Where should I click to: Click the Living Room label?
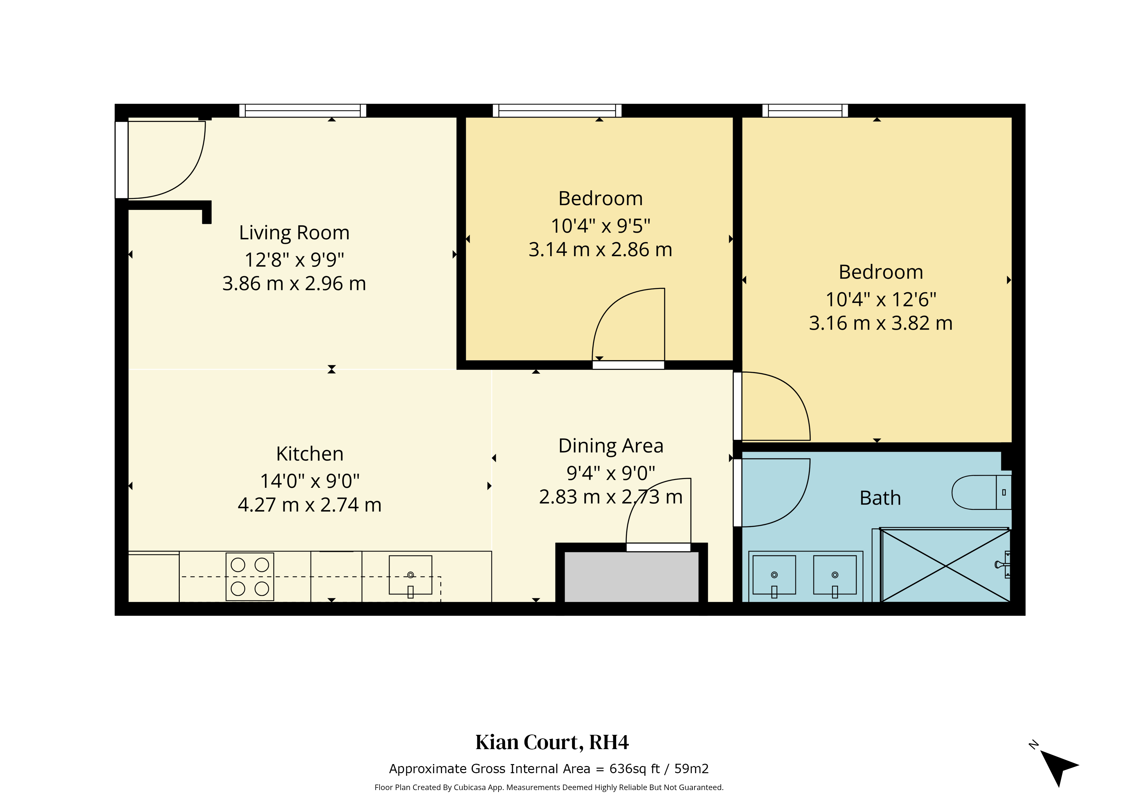click(294, 233)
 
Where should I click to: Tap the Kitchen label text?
click(309, 454)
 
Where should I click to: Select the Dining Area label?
click(611, 446)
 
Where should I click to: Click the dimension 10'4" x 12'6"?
click(881, 299)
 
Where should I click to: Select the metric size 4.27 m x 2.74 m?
click(309, 505)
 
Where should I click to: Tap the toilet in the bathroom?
click(981, 493)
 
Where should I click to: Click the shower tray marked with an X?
click(945, 566)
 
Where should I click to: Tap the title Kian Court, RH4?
click(552, 742)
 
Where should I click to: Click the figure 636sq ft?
click(635, 769)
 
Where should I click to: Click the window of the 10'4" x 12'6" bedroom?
click(805, 111)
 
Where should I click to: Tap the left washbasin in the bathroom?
click(774, 575)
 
